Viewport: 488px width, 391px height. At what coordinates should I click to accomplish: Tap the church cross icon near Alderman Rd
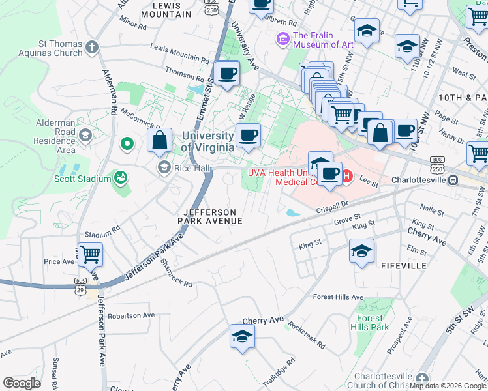[92, 47]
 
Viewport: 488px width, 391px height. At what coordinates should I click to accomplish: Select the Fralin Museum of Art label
[322, 40]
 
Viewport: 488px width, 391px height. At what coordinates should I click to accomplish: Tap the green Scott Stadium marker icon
[120, 177]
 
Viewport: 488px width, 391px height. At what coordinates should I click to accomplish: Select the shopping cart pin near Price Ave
[91, 253]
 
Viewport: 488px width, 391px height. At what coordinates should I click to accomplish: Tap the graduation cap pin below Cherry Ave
[242, 337]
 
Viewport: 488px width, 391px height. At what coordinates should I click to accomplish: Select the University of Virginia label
[207, 141]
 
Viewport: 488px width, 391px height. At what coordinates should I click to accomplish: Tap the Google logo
[22, 383]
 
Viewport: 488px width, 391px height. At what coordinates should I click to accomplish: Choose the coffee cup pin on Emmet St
[227, 73]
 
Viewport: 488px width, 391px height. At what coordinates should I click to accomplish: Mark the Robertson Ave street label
[131, 315]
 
